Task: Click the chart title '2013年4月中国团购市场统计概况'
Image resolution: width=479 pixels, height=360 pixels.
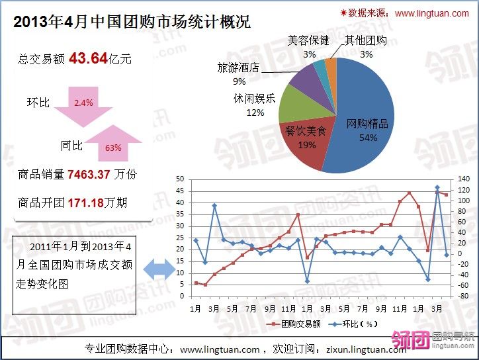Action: (132, 22)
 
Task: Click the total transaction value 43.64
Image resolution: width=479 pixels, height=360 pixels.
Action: (88, 58)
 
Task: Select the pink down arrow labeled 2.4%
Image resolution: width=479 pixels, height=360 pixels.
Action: (83, 106)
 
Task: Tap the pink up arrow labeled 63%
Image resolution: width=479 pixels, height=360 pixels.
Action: (113, 143)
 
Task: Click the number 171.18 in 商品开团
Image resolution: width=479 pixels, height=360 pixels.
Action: (86, 202)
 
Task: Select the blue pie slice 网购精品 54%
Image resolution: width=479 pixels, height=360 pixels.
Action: (367, 112)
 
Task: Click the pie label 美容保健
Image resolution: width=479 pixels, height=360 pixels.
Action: (308, 40)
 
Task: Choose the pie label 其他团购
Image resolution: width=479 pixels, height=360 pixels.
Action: (366, 40)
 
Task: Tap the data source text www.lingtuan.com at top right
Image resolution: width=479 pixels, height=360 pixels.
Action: (433, 13)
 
